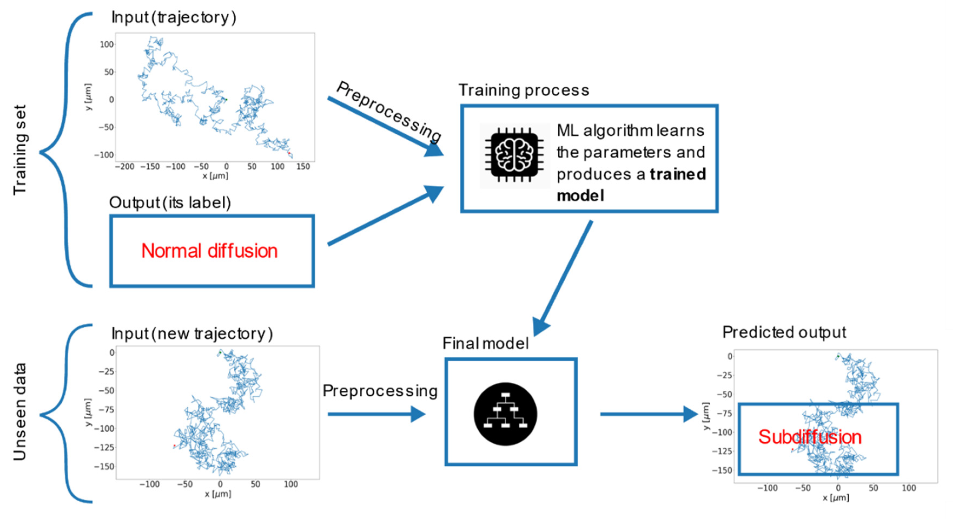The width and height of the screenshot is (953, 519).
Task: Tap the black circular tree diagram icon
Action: pyautogui.click(x=505, y=414)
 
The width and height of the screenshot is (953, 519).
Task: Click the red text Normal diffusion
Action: pyautogui.click(x=209, y=251)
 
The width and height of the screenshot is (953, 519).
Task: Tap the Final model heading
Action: pyautogui.click(x=485, y=344)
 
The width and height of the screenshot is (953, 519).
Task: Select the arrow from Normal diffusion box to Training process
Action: pyautogui.click(x=385, y=216)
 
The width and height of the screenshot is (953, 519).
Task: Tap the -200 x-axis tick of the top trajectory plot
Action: pyautogui.click(x=124, y=167)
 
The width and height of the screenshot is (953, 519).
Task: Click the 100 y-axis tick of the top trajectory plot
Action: pyautogui.click(x=107, y=44)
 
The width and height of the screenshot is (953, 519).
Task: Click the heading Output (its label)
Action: pyautogui.click(x=170, y=202)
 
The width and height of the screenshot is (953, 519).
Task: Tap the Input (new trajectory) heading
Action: pyautogui.click(x=192, y=334)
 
